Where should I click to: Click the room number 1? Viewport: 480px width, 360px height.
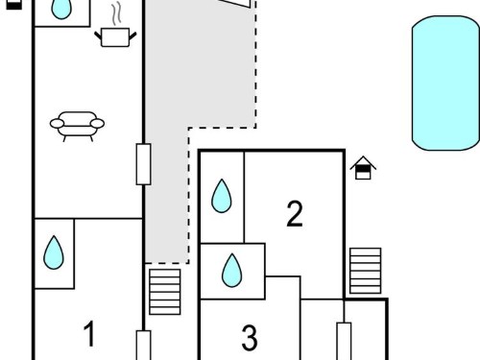pos(89,333)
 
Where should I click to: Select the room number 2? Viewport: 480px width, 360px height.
pos(295,214)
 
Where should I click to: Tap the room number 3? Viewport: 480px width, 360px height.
pos(250,338)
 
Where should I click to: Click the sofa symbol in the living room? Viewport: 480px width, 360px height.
pos(77,127)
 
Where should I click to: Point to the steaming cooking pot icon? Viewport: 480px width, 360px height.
pos(115,36)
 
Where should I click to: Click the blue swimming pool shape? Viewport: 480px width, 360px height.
pos(445,83)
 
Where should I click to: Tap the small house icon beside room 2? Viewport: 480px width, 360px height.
pos(363,168)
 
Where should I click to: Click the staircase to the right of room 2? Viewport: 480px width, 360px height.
pos(366,271)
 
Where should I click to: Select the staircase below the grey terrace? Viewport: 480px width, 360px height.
pos(165,292)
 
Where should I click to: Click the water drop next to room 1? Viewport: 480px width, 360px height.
pos(54,252)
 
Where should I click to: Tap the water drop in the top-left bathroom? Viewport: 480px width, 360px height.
pos(61,9)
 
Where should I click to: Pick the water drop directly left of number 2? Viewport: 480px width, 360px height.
pos(222,196)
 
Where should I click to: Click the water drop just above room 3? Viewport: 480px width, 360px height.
pos(232,271)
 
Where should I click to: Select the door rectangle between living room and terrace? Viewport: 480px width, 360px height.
pos(144,164)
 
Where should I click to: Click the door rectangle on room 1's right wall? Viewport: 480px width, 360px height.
pos(144,346)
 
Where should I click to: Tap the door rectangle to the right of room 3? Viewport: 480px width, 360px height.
pos(344,341)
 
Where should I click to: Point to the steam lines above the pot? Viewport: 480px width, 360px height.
pos(116,13)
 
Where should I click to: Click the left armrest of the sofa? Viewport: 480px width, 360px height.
pos(57,123)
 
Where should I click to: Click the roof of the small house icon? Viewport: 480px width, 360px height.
pos(363,162)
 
